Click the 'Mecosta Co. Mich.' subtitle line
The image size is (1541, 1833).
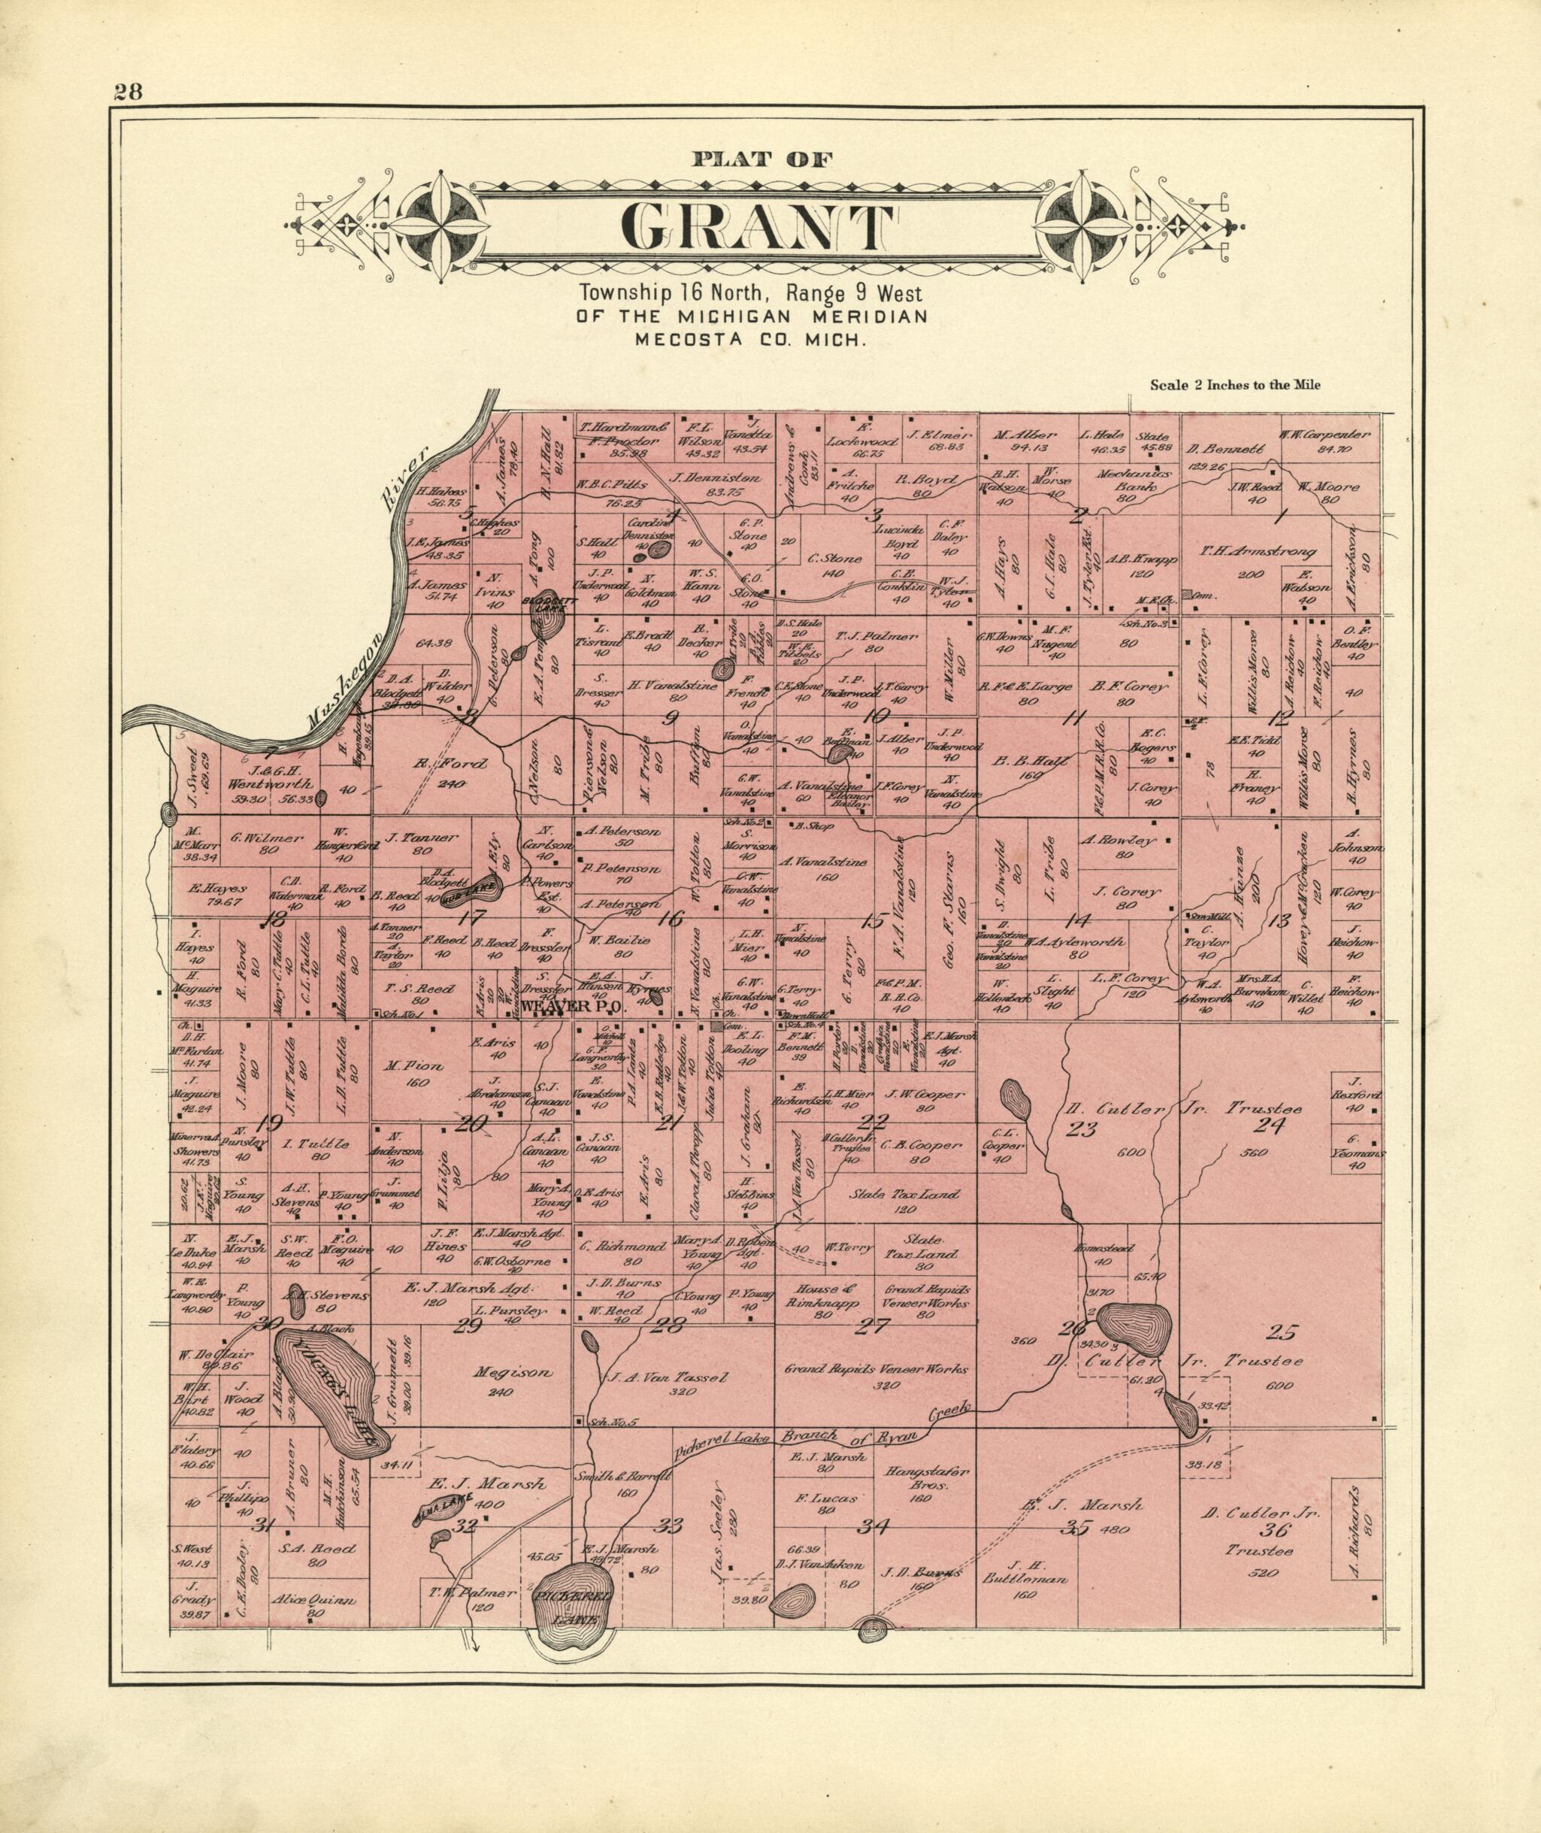click(751, 340)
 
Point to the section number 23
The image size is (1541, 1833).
click(1082, 1129)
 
